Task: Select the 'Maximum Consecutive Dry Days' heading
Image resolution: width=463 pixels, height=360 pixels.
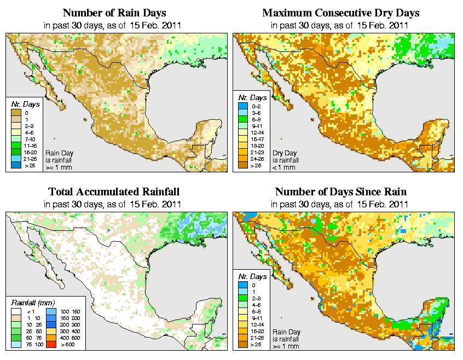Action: click(340, 13)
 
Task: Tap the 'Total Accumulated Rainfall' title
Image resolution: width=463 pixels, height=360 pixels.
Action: click(114, 192)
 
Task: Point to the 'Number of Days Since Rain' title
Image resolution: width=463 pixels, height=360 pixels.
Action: click(340, 192)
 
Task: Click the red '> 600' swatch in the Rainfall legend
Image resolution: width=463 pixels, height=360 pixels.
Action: click(51, 345)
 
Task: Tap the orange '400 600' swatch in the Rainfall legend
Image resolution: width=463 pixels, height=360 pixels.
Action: click(51, 339)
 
